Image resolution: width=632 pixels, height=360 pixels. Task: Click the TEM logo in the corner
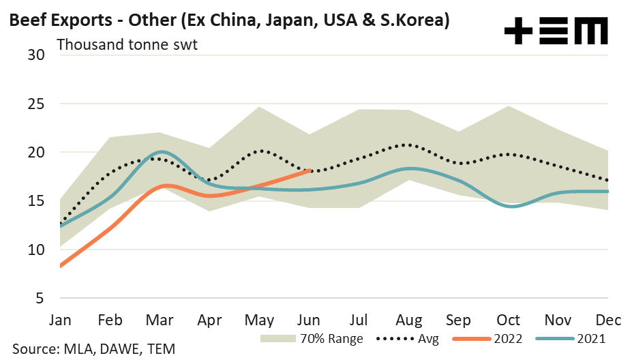point(555,31)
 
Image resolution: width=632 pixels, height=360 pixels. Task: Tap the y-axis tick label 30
point(35,55)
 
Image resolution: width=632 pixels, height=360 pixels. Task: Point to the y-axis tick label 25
point(35,104)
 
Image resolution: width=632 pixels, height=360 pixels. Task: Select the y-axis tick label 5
point(40,299)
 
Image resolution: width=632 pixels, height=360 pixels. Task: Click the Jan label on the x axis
point(61,320)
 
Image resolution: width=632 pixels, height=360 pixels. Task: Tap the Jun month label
point(310,320)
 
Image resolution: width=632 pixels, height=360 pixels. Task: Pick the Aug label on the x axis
point(409,320)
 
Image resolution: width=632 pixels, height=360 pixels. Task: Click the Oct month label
point(509,320)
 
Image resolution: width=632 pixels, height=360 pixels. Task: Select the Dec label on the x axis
point(607,320)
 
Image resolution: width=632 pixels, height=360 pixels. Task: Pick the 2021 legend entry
point(569,338)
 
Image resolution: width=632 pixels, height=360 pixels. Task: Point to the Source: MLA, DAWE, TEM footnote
point(88,349)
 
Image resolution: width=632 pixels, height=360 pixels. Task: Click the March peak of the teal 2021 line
point(161,151)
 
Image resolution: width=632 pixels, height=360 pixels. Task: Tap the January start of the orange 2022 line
point(61,266)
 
